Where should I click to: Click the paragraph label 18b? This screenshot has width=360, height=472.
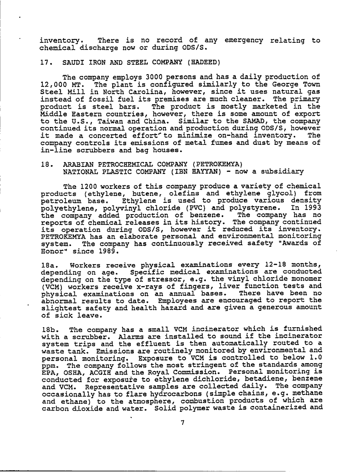pyautogui.click(x=49, y=329)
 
